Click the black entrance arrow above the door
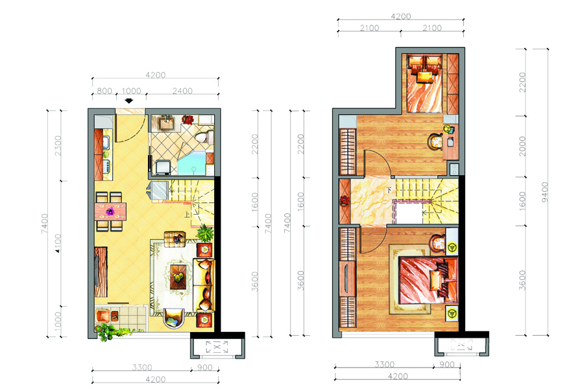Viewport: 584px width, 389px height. point(129,100)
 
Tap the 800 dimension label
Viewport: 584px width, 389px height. point(104,91)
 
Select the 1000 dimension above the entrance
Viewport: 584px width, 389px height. point(132,91)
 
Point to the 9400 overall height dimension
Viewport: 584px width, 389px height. point(544,192)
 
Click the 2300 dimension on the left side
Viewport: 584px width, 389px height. point(58,145)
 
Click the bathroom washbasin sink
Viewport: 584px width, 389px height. point(166,123)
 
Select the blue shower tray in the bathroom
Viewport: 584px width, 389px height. point(191,163)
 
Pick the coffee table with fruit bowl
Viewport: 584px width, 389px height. point(178,277)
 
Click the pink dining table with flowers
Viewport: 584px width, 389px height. point(110,211)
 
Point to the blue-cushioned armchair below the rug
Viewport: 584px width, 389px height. point(173,318)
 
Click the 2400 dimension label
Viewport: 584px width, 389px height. point(182,91)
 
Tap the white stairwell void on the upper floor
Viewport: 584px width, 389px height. point(408,213)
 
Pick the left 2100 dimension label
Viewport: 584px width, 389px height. point(369,28)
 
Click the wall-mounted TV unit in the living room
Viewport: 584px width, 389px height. point(101,272)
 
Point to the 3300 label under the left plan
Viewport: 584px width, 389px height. point(142,368)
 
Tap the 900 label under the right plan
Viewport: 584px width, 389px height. point(447,365)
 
